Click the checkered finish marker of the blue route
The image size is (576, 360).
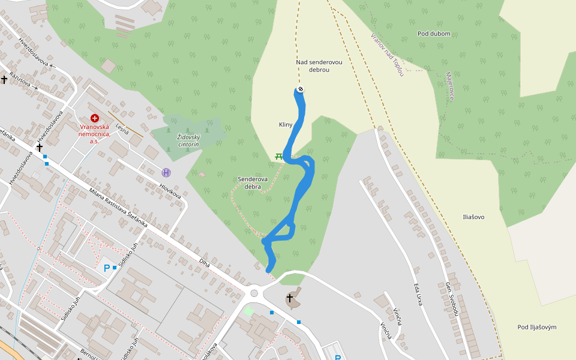[300, 89]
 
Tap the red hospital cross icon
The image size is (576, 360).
[94, 119]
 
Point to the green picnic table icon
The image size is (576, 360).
[279, 156]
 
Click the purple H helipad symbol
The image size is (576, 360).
[166, 172]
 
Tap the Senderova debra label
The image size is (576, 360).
[252, 182]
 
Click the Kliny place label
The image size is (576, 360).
[285, 125]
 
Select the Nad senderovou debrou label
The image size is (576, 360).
[313, 66]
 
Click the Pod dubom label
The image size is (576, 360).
[434, 34]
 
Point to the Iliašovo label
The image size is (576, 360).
[473, 217]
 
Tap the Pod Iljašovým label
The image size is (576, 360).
[537, 327]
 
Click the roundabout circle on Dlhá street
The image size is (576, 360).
[254, 293]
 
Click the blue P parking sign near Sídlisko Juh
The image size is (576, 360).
[107, 268]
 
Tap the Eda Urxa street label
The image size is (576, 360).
[418, 295]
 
